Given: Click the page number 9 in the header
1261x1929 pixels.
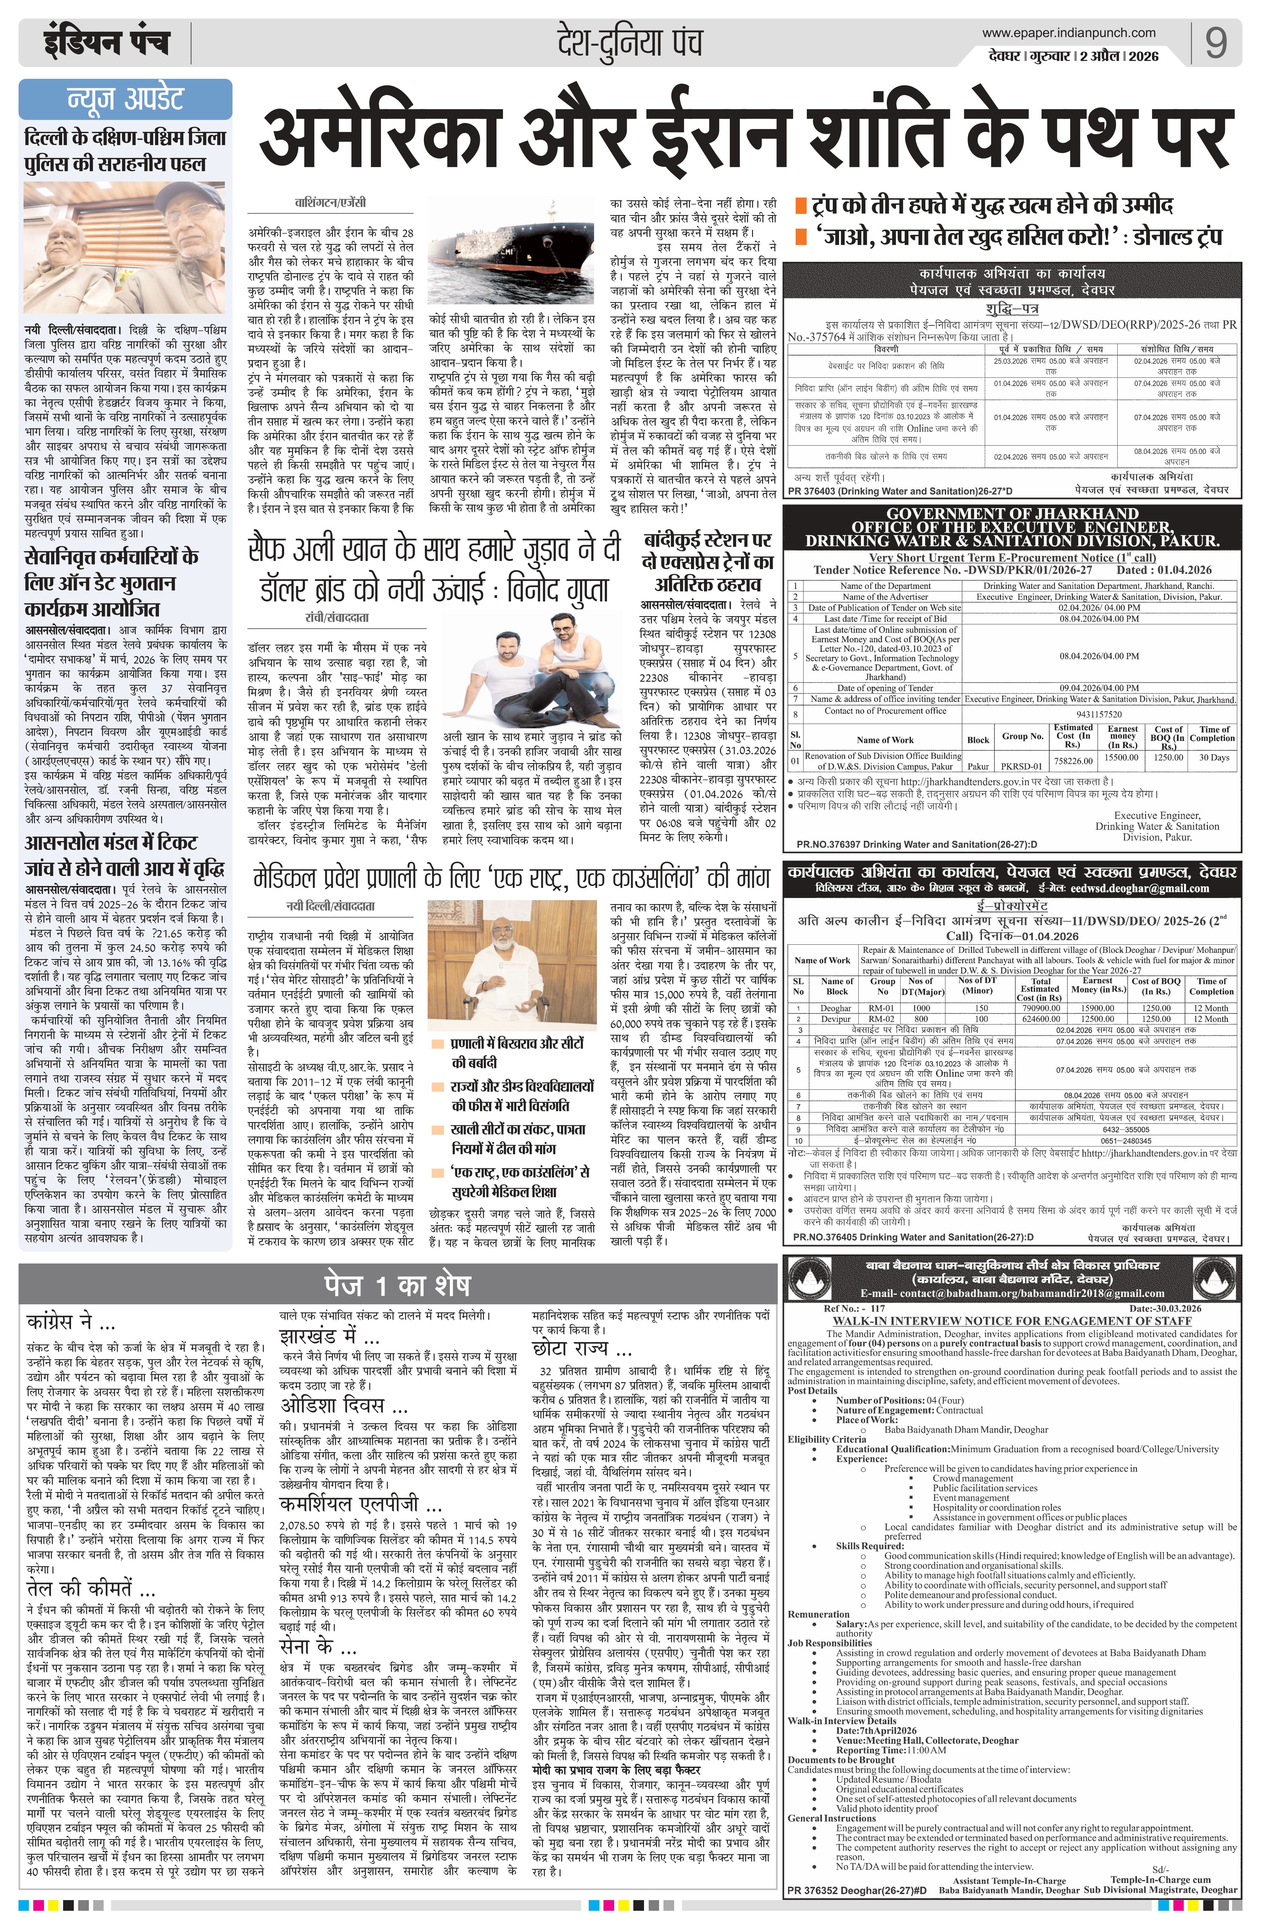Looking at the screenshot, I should pos(1215,43).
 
